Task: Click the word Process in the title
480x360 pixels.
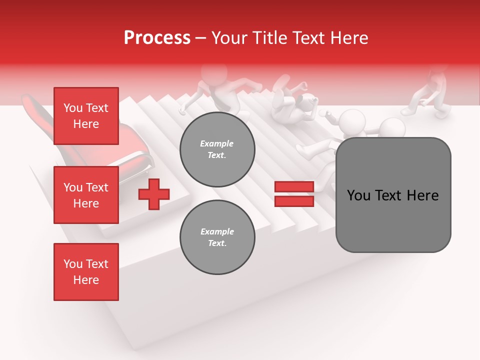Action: point(157,38)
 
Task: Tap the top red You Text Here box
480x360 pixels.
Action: point(86,116)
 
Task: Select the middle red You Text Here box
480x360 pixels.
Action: point(86,195)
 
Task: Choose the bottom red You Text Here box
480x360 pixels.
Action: point(86,272)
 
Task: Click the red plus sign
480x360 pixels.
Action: point(154,194)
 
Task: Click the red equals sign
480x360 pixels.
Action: point(294,194)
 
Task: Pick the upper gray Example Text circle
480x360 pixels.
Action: point(217,149)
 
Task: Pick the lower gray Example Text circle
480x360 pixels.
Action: point(217,237)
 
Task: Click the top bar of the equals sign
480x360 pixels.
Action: point(294,187)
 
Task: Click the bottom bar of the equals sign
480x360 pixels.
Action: point(294,201)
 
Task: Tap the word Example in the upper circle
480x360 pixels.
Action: point(217,144)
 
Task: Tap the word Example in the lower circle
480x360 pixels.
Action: point(217,232)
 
